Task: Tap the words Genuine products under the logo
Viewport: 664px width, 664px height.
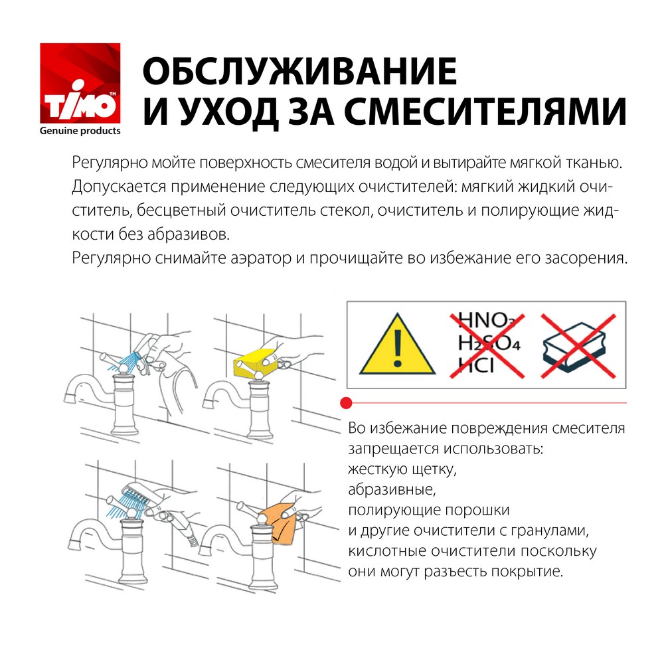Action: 80,131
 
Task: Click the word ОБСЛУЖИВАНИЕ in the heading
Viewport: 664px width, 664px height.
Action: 300,71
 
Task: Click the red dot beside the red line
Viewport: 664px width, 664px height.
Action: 345,402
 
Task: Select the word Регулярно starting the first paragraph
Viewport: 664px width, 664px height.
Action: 108,163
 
